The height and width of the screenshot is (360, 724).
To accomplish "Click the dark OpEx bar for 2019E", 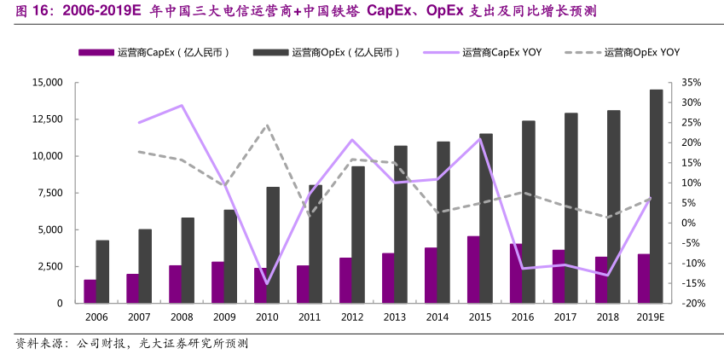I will click(x=657, y=196).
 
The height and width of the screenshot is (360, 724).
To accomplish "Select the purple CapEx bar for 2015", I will click(x=473, y=270).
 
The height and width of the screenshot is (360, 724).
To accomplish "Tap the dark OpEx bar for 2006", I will click(x=102, y=271).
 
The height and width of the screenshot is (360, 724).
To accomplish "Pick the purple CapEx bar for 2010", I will click(x=260, y=286).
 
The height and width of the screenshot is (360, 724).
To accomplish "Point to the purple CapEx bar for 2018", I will click(x=601, y=280).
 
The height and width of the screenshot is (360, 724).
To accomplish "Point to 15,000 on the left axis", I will click(x=47, y=83).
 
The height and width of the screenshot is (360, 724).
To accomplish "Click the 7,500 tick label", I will click(x=49, y=193).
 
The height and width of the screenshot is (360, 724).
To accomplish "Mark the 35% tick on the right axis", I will click(x=692, y=83).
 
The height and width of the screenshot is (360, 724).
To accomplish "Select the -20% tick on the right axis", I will click(x=692, y=303).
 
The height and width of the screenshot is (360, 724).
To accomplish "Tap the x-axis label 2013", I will click(x=394, y=317).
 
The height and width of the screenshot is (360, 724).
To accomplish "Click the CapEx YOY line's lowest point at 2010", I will click(x=266, y=284).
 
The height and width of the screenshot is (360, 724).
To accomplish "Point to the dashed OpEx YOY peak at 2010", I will click(x=267, y=125).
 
